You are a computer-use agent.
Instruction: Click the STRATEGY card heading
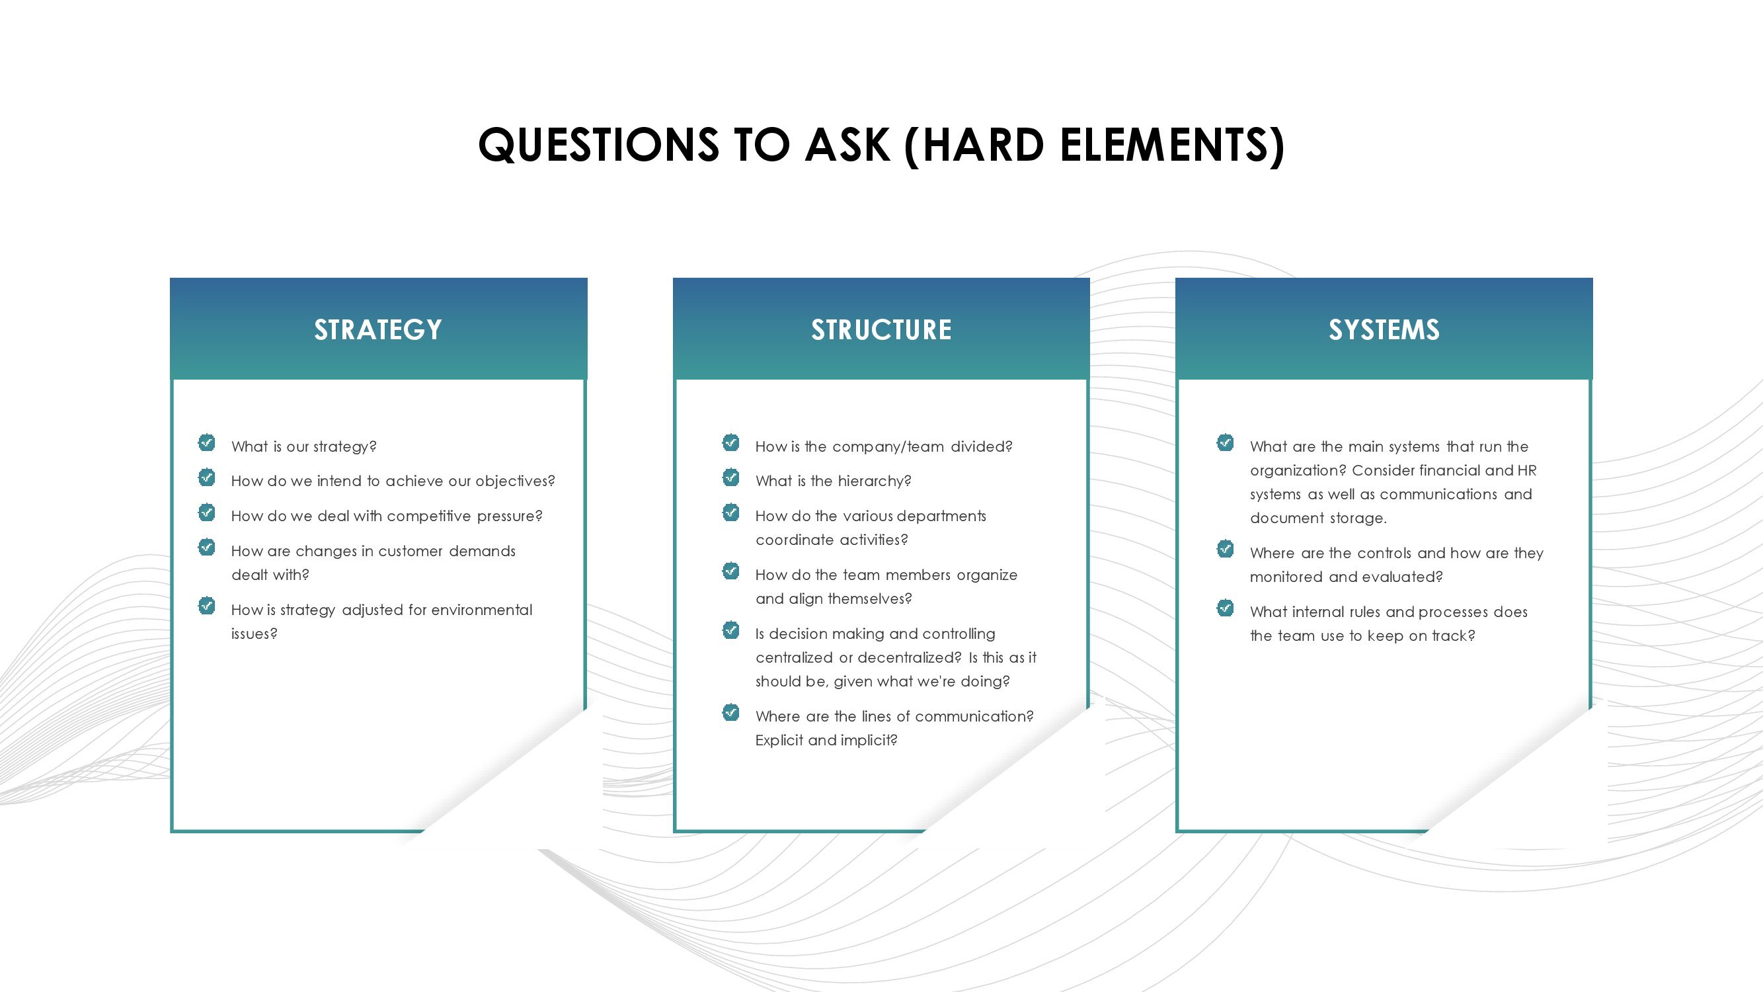(x=378, y=330)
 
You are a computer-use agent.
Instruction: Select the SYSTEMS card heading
(x=1384, y=330)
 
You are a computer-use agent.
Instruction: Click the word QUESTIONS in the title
(x=599, y=145)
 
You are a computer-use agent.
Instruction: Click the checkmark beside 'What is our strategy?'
(x=207, y=442)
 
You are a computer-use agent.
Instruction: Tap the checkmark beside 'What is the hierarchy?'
(x=731, y=477)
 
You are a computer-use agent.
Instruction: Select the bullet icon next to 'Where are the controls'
(x=1225, y=549)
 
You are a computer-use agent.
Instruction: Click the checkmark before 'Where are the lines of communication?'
(x=731, y=713)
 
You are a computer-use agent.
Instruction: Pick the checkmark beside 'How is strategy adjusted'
(x=207, y=606)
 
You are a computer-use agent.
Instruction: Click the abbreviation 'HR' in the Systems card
(x=1528, y=470)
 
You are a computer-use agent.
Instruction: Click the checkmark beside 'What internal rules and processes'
(x=1225, y=608)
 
